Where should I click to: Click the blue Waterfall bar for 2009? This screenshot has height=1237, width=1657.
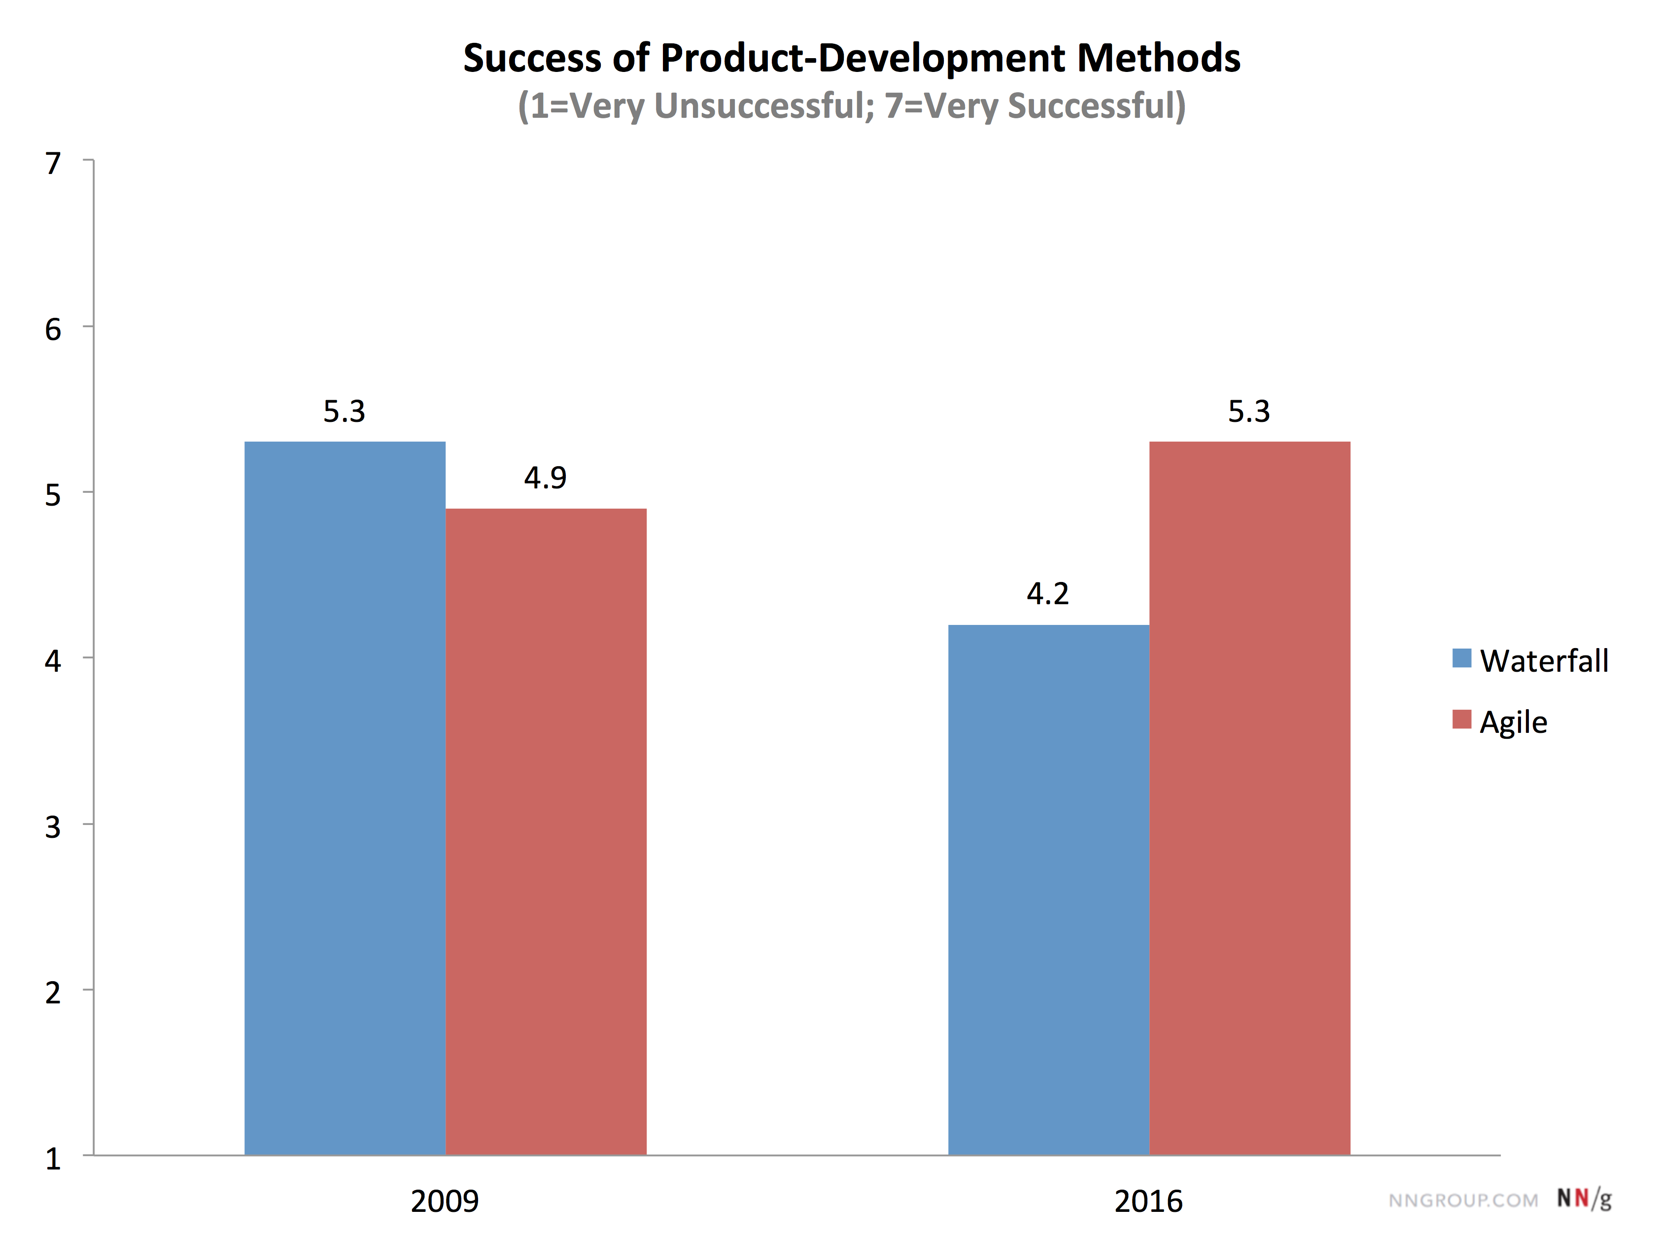pos(345,797)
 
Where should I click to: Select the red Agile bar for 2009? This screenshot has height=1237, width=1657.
pos(546,831)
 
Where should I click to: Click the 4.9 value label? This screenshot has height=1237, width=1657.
pos(545,478)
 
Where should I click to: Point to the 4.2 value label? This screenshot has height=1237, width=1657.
pos(1047,594)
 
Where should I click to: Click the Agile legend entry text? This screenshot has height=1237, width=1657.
pos(1513,722)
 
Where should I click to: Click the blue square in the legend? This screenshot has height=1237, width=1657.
pos(1461,658)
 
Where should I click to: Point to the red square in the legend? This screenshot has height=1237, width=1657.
pos(1461,720)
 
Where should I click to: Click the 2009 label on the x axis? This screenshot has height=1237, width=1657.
pos(445,1201)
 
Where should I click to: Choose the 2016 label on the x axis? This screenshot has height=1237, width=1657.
pos(1148,1201)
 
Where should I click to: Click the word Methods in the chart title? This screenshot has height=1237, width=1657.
pos(1158,59)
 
